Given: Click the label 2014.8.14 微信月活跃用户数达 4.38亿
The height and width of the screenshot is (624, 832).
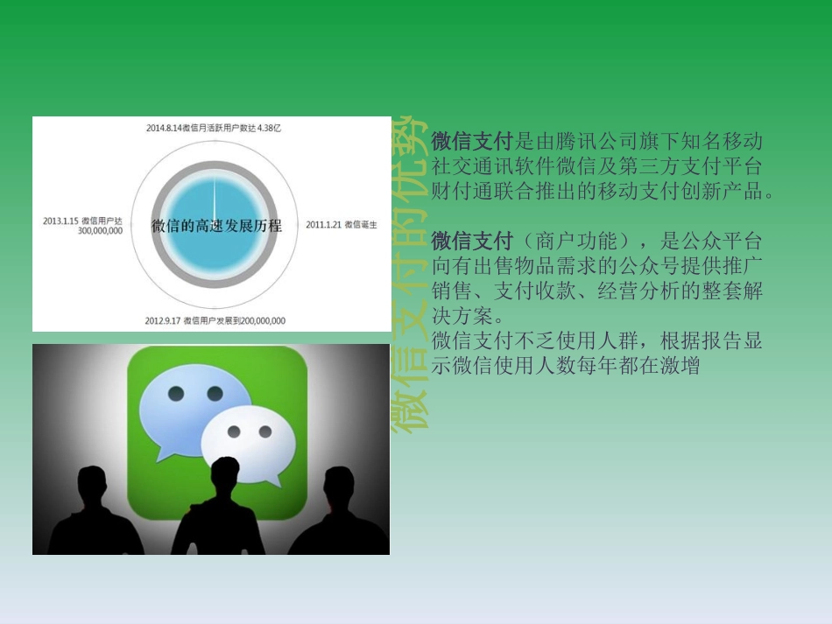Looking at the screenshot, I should [214, 128].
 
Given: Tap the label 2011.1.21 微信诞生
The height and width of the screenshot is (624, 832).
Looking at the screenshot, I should [342, 225].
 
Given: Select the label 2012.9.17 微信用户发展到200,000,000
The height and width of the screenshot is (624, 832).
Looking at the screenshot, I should [215, 320].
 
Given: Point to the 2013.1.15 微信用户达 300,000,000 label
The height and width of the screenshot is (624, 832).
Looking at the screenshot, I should [82, 226].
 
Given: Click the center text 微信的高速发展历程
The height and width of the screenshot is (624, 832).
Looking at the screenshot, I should [216, 226].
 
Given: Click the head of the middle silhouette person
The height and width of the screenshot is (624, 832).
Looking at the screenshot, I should [220, 477].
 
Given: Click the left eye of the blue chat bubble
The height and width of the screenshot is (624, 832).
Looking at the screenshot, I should [175, 394].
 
